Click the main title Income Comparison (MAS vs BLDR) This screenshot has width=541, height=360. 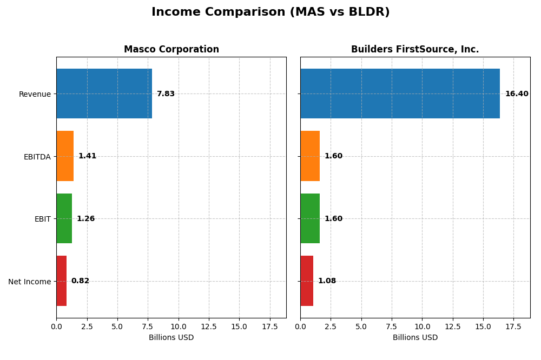(270, 12)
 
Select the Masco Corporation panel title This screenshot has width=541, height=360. (171, 50)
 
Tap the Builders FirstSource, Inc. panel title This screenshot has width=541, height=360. (415, 50)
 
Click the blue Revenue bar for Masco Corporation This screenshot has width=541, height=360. (104, 94)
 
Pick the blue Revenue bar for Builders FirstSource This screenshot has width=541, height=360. (400, 94)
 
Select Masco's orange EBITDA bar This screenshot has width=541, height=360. (65, 156)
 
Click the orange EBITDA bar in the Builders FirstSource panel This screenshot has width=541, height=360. (310, 156)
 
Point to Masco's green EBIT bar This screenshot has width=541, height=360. (64, 218)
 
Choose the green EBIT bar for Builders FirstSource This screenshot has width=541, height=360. (310, 218)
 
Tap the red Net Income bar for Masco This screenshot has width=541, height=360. (61, 281)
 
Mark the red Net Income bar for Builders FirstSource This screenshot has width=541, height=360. (307, 281)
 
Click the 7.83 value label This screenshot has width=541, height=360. (166, 94)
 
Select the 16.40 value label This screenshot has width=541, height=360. (517, 94)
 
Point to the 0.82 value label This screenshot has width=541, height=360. (80, 281)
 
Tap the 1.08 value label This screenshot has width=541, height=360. (327, 281)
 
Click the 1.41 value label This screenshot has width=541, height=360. (87, 156)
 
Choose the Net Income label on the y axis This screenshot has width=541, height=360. (29, 282)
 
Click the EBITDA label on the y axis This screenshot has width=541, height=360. (37, 157)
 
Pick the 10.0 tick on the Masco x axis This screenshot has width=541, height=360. (178, 326)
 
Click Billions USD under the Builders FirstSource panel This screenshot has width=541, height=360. (415, 338)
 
